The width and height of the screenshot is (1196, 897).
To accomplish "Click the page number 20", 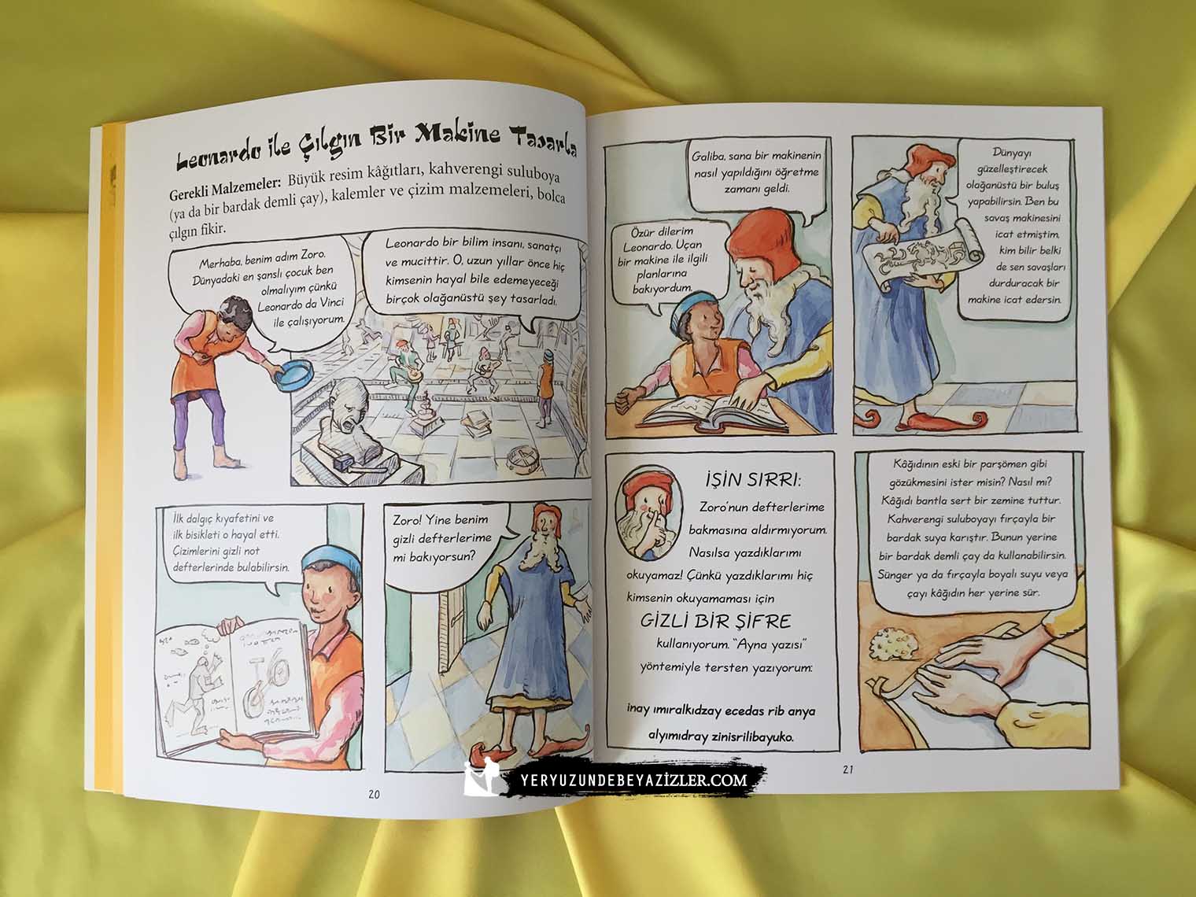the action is [x=374, y=795].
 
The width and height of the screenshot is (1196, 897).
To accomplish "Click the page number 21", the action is [x=848, y=770].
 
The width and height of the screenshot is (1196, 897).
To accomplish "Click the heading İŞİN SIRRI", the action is [x=753, y=480].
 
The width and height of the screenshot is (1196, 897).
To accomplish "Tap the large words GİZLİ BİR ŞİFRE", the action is [x=715, y=622].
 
